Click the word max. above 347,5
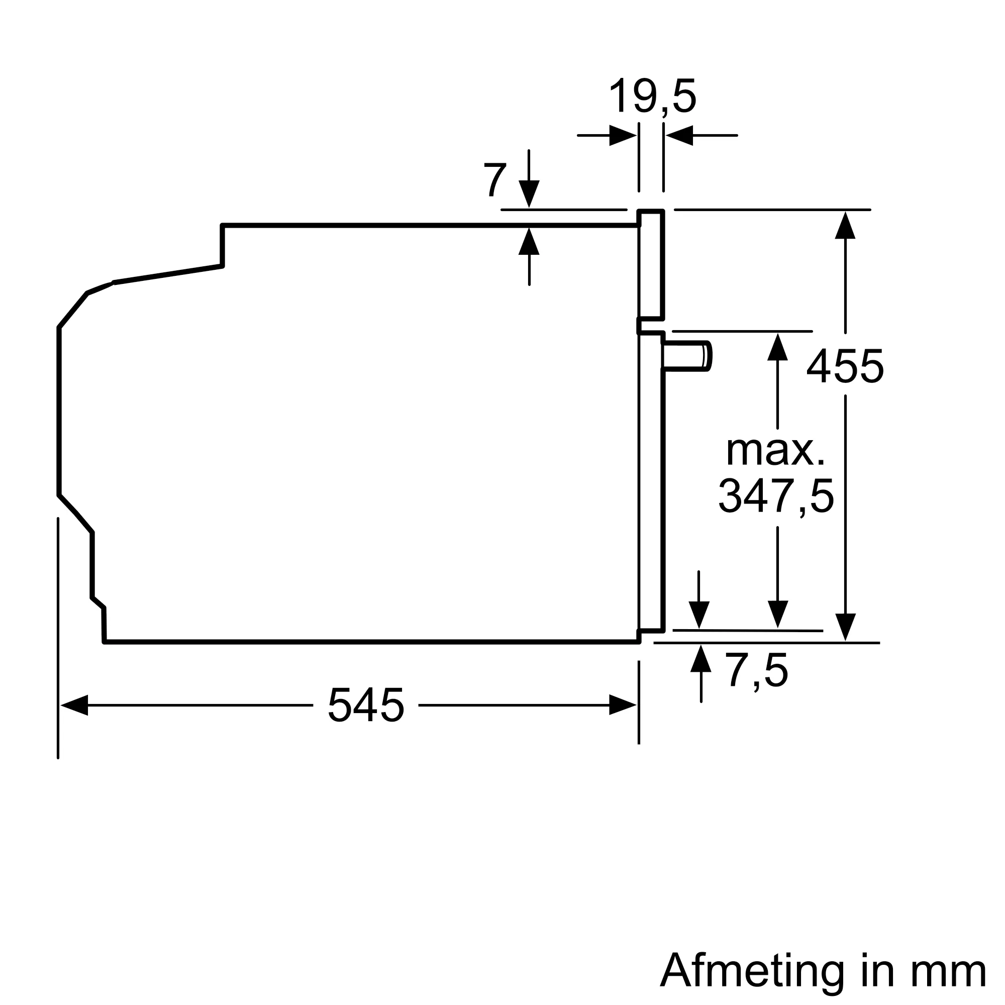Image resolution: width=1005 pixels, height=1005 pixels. point(775,450)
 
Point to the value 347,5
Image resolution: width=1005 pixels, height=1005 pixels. point(776,497)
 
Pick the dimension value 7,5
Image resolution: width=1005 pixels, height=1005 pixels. point(756,671)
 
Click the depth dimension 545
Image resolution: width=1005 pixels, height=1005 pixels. point(366,706)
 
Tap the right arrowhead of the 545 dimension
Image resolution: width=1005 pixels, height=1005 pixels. point(623,705)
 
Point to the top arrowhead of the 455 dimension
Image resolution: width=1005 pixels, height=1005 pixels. point(845,226)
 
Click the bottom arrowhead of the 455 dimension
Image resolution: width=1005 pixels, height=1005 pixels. point(845,627)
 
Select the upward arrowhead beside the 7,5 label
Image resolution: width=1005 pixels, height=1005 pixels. point(700,659)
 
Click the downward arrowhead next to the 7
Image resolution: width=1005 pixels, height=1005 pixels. point(529,193)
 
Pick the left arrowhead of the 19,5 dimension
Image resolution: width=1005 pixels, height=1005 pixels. point(623,135)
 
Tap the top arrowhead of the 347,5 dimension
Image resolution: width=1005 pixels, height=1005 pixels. point(777,347)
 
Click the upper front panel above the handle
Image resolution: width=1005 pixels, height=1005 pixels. point(651,265)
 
